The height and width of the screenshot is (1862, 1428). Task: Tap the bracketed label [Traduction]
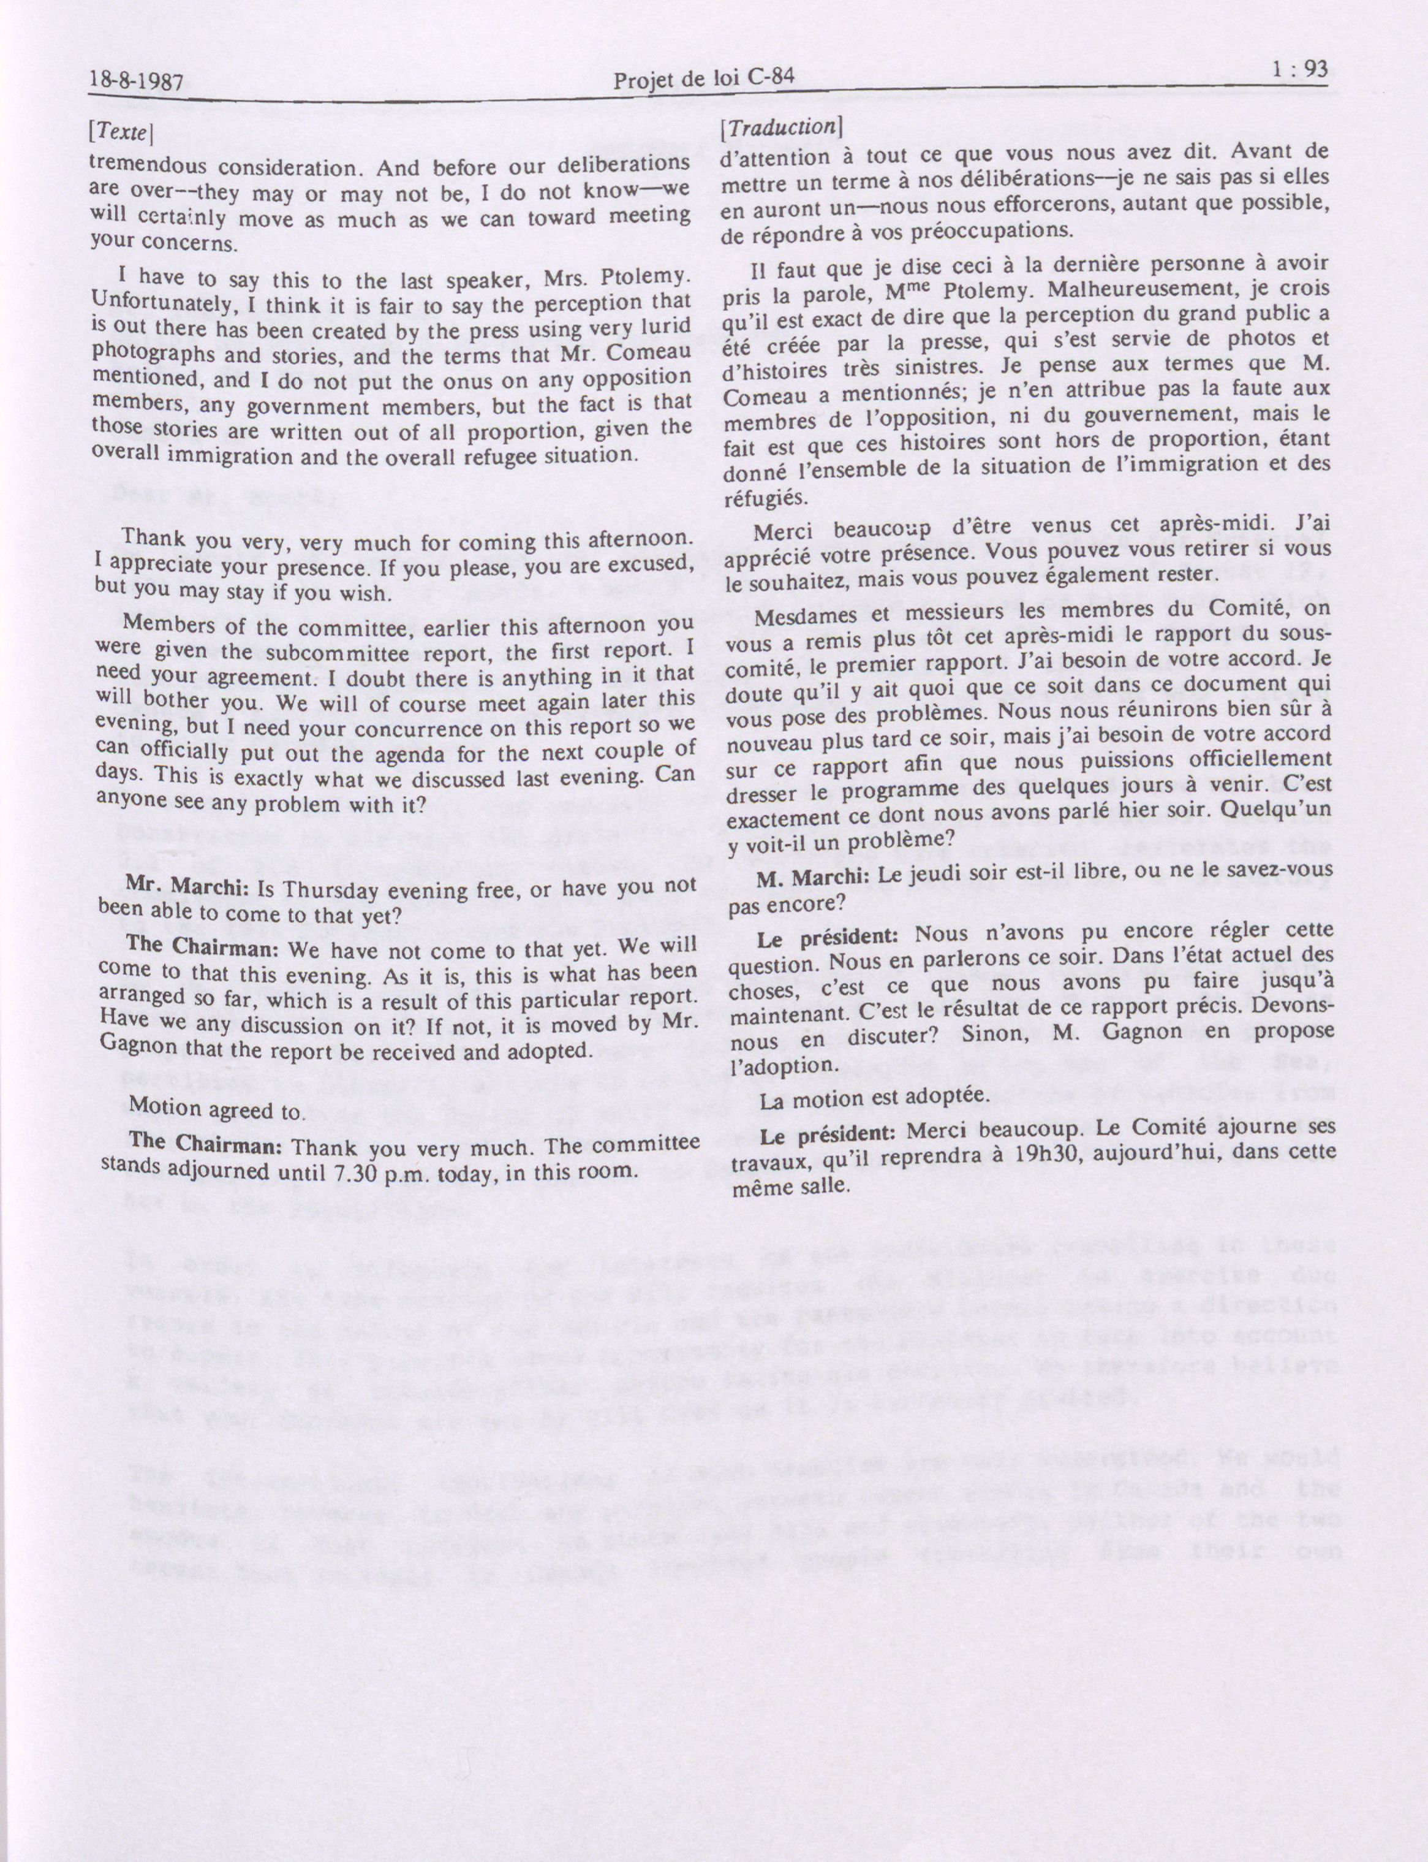[x=780, y=127]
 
